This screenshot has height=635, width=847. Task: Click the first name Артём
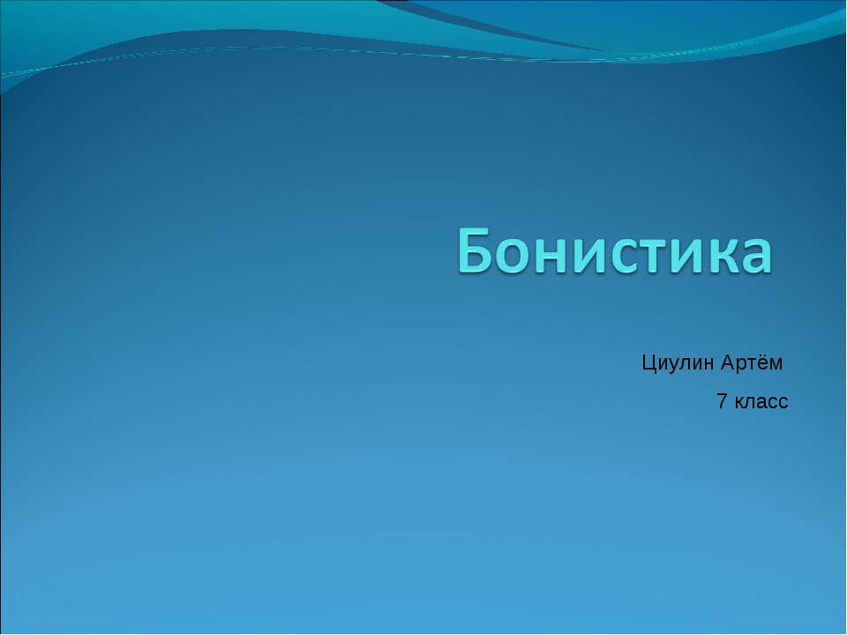tap(753, 362)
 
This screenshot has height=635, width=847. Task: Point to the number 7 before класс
tap(722, 402)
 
